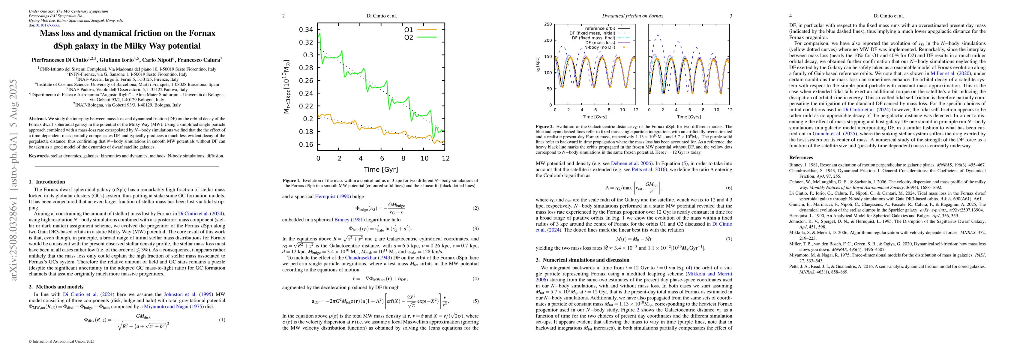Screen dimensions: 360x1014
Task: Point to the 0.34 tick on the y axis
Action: tap(306, 29)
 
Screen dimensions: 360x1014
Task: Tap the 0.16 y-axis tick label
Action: tap(306, 144)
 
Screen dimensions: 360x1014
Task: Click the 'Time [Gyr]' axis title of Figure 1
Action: tap(381, 169)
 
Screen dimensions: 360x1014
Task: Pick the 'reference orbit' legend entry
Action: tap(600, 28)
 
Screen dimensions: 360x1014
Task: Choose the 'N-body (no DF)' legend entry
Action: tap(599, 47)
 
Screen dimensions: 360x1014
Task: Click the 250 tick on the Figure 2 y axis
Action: tap(547, 24)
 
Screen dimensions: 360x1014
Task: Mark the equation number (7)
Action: tap(729, 239)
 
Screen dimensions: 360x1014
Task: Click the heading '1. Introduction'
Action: tap(47, 182)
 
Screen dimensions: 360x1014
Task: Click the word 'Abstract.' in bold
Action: tap(38, 118)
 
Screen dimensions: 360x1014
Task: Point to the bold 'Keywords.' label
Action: tap(39, 156)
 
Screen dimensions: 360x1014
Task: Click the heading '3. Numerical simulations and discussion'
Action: tap(583, 260)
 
